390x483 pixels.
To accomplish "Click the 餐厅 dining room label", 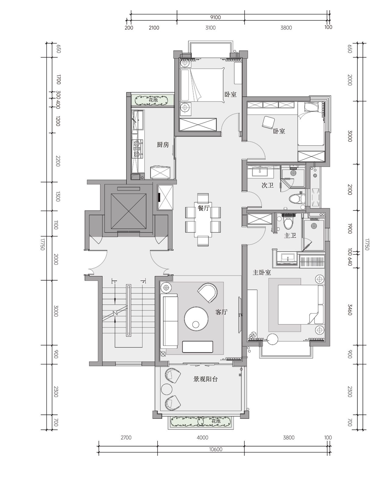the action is click(x=203, y=208).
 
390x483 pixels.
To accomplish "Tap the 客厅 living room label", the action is click(x=221, y=312).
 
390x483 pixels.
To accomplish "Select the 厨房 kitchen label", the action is click(x=163, y=145).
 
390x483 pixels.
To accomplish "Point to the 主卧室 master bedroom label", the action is click(x=262, y=272).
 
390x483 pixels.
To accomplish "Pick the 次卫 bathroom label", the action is click(x=268, y=185).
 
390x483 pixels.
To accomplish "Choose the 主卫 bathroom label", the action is click(x=290, y=236).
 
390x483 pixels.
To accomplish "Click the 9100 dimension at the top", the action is click(x=215, y=17).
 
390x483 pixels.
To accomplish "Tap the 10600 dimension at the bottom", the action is click(x=215, y=449).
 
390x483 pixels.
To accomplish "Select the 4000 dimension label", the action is click(x=202, y=437).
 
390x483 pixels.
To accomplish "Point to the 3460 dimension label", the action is click(x=350, y=310).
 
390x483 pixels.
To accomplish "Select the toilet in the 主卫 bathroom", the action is click(x=288, y=221).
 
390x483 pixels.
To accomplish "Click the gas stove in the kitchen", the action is click(x=137, y=148).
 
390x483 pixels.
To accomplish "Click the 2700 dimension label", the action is click(x=126, y=437).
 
